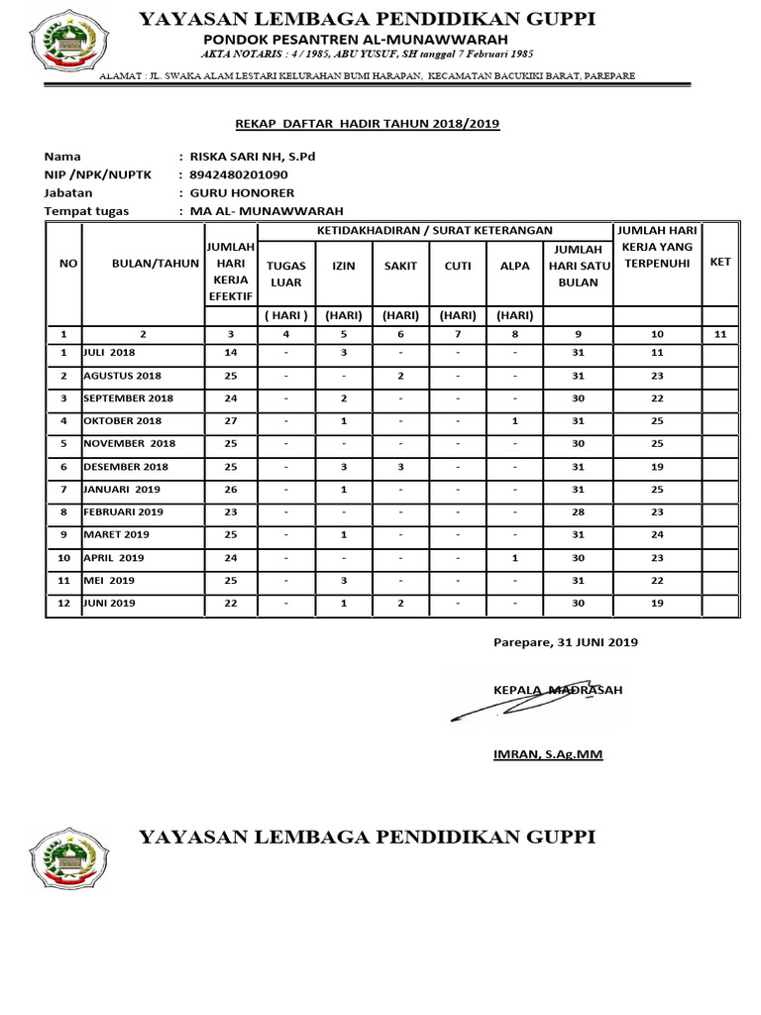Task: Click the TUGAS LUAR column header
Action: [x=286, y=274]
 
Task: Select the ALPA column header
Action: [x=515, y=266]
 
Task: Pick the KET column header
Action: [x=719, y=262]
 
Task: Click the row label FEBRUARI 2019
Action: [x=124, y=512]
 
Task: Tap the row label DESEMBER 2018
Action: [x=126, y=467]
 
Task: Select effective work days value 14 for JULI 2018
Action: [x=231, y=353]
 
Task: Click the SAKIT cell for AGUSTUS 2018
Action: [x=400, y=376]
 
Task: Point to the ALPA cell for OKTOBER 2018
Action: [x=515, y=421]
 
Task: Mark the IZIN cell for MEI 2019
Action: [x=343, y=581]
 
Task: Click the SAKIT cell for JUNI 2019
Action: [x=400, y=604]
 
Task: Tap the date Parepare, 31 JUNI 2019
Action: [x=565, y=642]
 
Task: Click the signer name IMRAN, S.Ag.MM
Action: [x=547, y=754]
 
